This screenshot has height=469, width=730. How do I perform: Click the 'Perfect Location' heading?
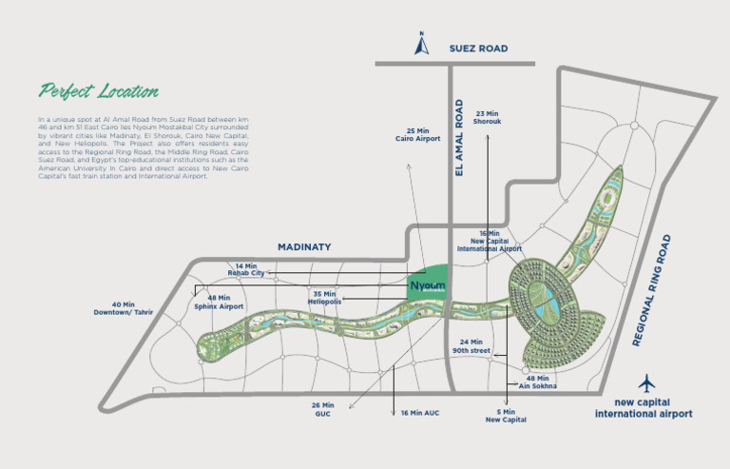tap(98, 92)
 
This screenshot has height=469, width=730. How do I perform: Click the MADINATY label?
tap(304, 246)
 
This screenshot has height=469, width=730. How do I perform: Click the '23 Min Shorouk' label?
tap(488, 117)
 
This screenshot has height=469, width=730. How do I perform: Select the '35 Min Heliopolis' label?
tap(325, 298)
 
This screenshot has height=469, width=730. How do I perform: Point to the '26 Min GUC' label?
tap(322, 409)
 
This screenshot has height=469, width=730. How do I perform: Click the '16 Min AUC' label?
tap(418, 413)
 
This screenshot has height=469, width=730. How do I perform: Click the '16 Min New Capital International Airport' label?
tap(490, 241)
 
